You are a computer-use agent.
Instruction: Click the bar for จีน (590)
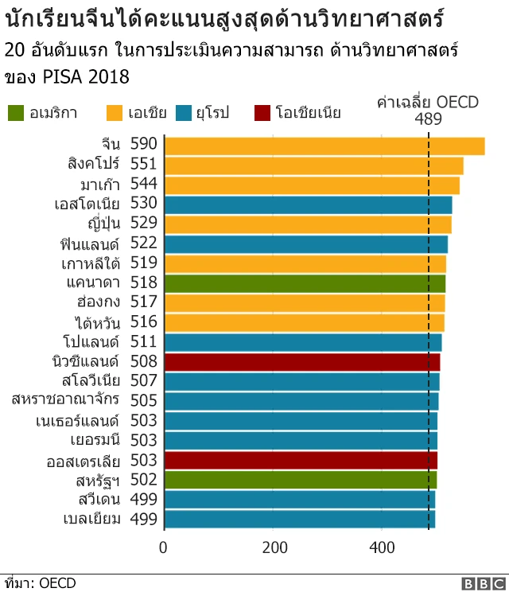(x=324, y=145)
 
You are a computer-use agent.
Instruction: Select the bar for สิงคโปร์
(x=313, y=165)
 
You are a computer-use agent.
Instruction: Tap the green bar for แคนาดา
(x=305, y=282)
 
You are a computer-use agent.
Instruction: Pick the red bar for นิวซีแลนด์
(x=302, y=361)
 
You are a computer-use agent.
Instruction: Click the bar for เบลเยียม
(x=300, y=519)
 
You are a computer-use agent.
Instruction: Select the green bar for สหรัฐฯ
(x=301, y=480)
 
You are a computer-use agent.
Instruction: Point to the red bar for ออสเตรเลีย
(x=301, y=460)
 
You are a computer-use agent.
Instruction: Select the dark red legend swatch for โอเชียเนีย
(x=263, y=112)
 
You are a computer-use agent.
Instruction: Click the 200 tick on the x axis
(x=273, y=547)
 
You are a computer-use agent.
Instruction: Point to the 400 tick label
(x=382, y=547)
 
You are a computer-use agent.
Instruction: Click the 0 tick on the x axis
(x=164, y=547)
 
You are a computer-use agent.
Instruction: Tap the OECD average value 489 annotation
(x=429, y=119)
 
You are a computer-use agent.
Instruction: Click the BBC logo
(x=480, y=583)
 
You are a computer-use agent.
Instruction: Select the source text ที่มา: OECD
(x=40, y=583)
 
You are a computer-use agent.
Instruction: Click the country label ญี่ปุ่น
(x=100, y=224)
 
